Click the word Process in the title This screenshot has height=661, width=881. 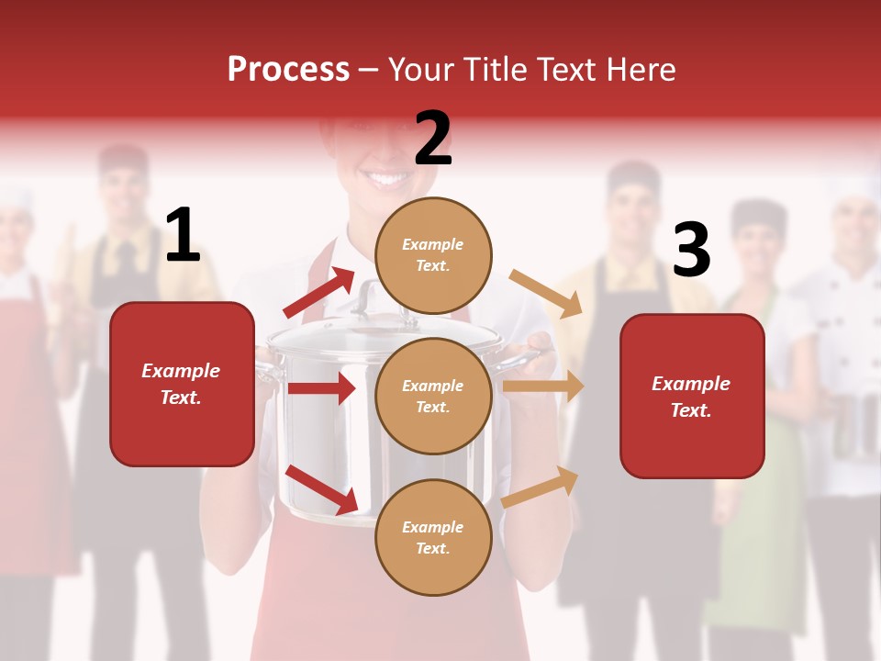coord(288,70)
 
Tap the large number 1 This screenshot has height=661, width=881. coord(183,236)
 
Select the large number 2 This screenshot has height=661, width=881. coord(433,138)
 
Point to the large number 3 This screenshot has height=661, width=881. coord(691,251)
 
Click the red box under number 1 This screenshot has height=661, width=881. coord(182,384)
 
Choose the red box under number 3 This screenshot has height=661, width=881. coord(692,396)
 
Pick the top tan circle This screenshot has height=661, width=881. coord(433,255)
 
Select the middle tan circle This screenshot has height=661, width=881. coord(433,396)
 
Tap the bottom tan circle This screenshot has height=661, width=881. coord(433,537)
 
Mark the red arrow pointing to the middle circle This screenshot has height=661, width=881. coord(320,389)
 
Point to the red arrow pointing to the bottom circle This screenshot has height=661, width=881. coord(321,489)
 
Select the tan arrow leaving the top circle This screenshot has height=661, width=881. coord(546,294)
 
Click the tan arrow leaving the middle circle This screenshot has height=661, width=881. coord(543,387)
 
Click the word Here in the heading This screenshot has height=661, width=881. coord(640,70)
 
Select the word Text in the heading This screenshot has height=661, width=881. coord(566,70)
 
